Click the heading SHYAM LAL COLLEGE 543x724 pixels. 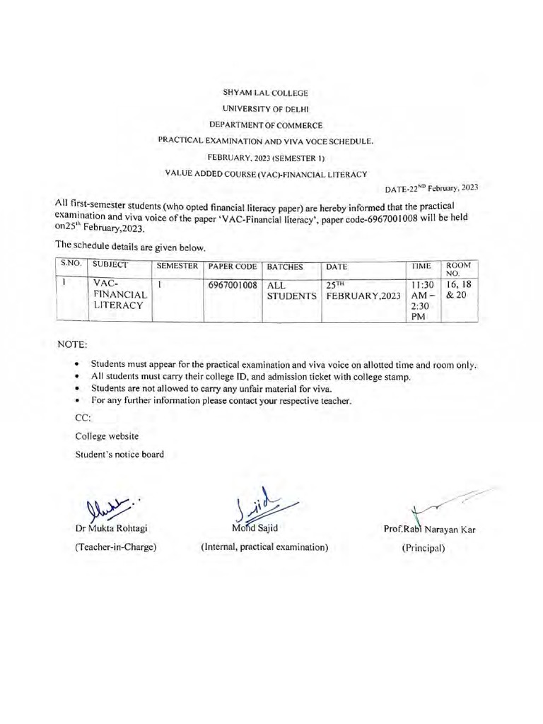[265, 93]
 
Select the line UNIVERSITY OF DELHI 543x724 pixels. [265, 108]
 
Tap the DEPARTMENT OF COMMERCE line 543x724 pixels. [266, 124]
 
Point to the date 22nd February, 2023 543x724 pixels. [432, 188]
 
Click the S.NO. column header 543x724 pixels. [71, 264]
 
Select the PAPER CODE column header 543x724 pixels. [232, 267]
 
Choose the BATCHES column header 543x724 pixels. [285, 267]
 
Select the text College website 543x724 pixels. [107, 436]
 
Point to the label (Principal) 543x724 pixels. [424, 547]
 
